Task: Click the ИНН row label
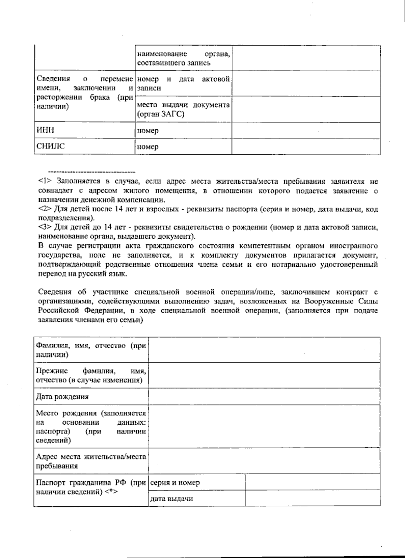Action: click(45, 130)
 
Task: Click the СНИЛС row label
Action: click(50, 147)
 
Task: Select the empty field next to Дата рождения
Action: click(264, 396)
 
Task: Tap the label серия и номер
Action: click(175, 482)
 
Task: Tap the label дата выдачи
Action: click(172, 499)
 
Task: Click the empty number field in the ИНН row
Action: click(306, 130)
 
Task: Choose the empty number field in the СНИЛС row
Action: click(306, 147)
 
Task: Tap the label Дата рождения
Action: click(62, 397)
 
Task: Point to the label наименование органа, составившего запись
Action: click(184, 58)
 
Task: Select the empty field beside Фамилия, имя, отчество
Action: click(264, 350)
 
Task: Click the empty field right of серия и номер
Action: click(313, 482)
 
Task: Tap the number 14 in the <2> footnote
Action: click(118, 209)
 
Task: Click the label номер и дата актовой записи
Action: click(184, 83)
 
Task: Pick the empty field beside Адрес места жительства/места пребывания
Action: click(264, 461)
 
